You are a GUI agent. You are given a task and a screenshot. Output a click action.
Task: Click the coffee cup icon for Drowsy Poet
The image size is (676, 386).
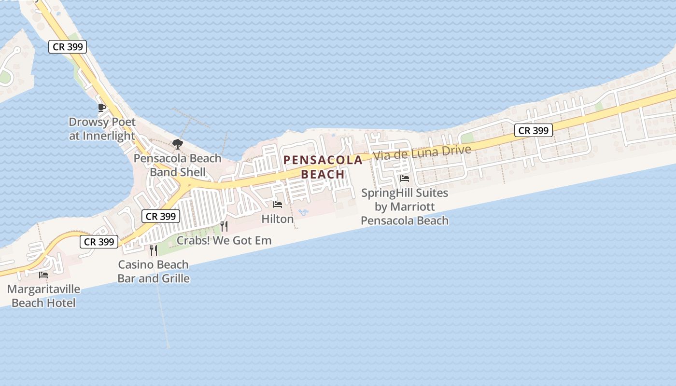101,108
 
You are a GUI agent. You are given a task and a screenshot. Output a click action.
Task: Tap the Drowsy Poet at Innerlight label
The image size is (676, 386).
102,129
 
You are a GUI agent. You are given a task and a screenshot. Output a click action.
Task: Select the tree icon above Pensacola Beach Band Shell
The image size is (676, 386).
178,144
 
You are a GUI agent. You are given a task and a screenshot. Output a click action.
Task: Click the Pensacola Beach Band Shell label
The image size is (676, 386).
178,165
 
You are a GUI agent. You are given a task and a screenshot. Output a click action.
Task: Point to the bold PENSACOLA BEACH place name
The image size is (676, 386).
323,167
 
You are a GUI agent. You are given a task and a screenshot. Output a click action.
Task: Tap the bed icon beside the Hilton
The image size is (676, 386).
278,205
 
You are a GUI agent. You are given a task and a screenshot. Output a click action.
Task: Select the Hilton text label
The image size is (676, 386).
278,219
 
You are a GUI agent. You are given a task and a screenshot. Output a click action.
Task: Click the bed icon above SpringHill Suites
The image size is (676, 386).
405,179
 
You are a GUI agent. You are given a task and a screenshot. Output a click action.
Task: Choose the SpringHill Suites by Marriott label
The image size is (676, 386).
405,207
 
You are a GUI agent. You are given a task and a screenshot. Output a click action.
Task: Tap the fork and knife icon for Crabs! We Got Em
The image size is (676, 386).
224,226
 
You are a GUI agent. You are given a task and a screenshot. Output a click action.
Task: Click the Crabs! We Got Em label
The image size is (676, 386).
224,240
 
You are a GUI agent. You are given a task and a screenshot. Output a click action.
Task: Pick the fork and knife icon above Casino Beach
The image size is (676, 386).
154,250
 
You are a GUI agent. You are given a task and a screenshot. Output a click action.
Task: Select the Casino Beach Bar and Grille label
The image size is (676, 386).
154,272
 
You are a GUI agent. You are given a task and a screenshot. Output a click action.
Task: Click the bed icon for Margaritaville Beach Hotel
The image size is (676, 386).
43,275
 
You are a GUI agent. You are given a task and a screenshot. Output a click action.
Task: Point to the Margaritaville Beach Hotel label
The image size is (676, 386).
43,296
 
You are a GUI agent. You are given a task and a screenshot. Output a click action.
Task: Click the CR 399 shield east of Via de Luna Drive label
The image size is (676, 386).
533,130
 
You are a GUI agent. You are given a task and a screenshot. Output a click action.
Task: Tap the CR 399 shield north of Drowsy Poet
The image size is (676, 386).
68,47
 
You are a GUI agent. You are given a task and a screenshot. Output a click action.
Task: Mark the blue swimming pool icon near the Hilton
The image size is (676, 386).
303,212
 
